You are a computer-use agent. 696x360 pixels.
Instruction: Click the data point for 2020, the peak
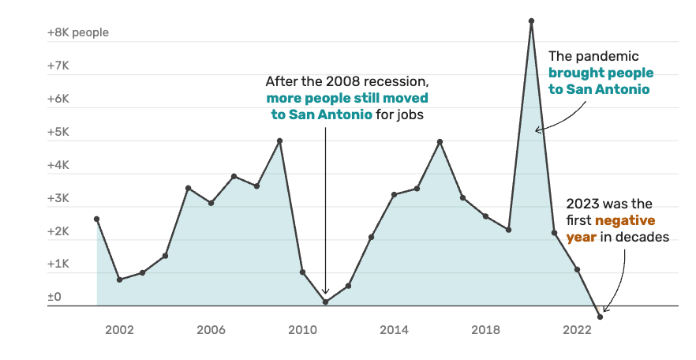point(531,21)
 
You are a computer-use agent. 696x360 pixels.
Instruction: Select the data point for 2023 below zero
point(600,317)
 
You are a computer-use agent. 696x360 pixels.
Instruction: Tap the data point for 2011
point(325,302)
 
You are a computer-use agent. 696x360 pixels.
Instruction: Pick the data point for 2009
point(279,141)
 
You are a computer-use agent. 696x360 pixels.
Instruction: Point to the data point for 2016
point(440,141)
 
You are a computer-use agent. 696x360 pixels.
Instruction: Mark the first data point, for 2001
point(96,219)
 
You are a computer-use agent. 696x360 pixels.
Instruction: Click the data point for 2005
point(188,188)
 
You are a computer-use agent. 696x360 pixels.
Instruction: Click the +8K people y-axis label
point(77,33)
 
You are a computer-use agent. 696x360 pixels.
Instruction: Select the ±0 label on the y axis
point(54,297)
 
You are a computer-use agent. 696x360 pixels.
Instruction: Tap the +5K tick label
point(59,133)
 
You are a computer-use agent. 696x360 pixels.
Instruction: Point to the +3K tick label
point(59,199)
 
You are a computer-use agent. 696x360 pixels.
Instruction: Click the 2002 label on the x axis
point(119,329)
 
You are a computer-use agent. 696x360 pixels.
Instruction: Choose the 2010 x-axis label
point(302,329)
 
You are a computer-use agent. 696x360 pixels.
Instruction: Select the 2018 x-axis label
point(485,329)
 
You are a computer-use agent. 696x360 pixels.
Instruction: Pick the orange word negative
point(625,219)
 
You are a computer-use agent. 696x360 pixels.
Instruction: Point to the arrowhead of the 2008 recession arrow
point(325,292)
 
